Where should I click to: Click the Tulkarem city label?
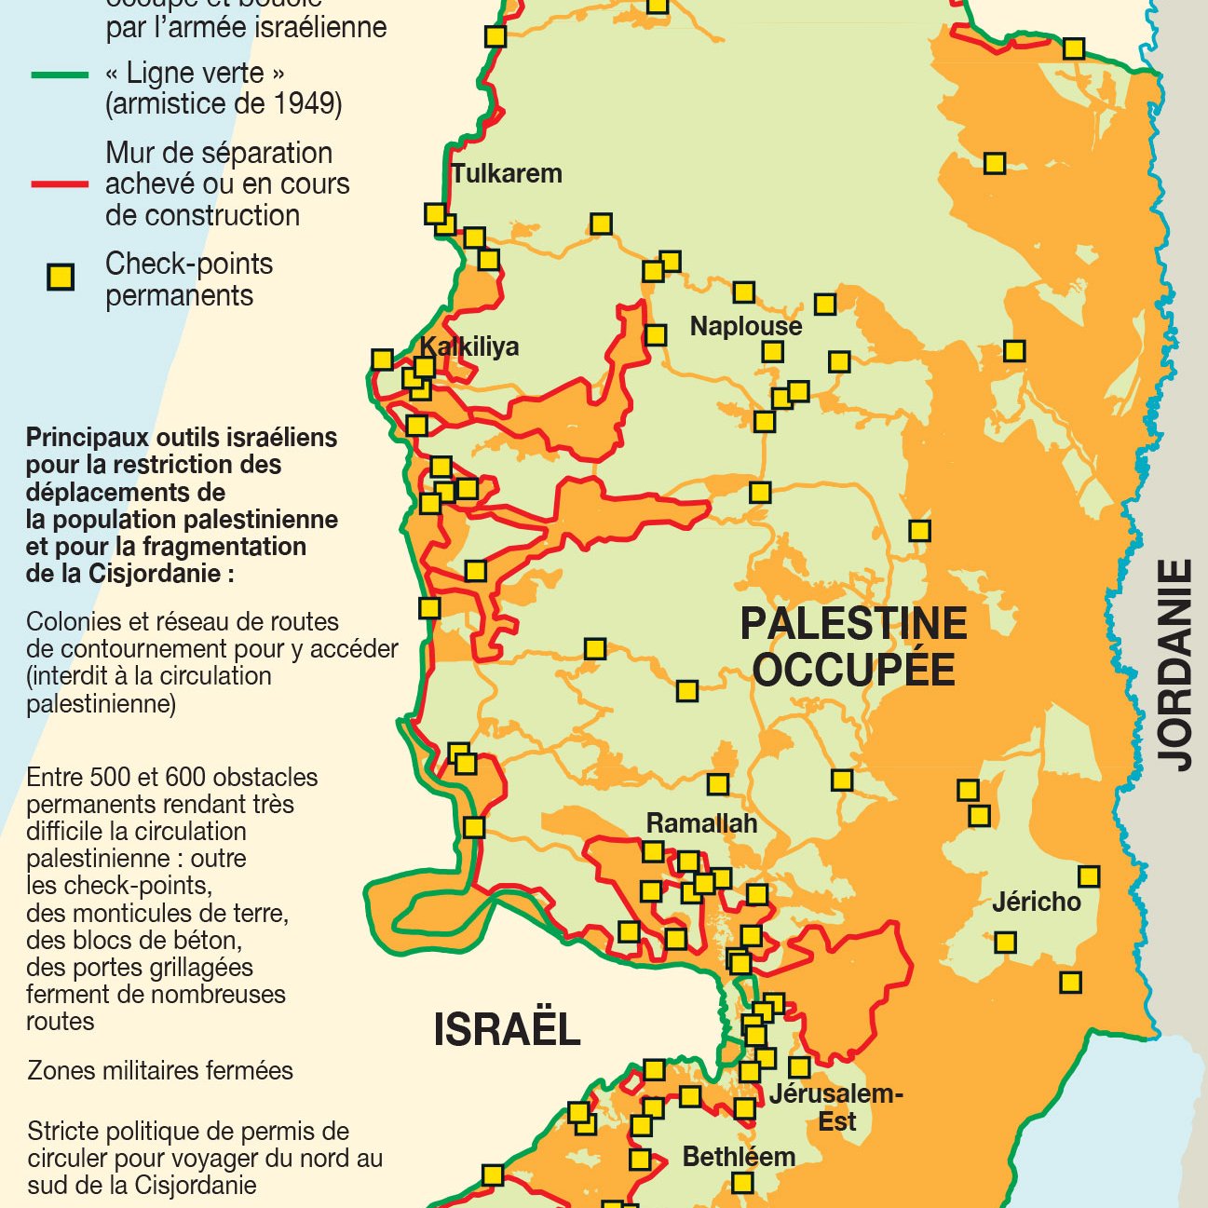coord(507,173)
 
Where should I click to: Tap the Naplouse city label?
coord(745,326)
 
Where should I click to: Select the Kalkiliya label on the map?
coord(469,346)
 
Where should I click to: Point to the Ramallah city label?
coord(701,823)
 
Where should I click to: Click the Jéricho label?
coord(1036,902)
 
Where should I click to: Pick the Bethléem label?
coord(739,1157)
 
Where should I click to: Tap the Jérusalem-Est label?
coord(835,1106)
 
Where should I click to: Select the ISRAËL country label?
coord(507,1029)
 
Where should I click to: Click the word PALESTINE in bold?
coord(853,623)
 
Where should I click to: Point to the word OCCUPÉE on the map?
coord(853,670)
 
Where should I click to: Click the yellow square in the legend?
coord(61,278)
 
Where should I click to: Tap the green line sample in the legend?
coord(60,75)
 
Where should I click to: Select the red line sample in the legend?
coord(60,184)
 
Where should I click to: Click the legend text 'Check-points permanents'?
coord(189,279)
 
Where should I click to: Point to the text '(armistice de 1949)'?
coord(224,103)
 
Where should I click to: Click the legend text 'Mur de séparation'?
coord(219,153)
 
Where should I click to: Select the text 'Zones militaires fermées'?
coord(160,1070)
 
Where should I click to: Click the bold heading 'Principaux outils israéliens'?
coord(182,438)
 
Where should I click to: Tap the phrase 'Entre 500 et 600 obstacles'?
coord(172,777)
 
